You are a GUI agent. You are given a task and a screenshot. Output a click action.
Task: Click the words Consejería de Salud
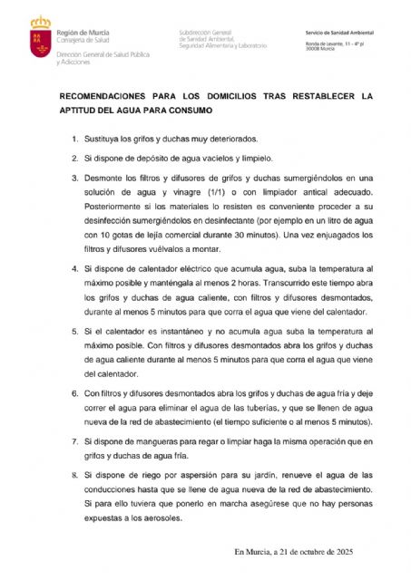(83, 41)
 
